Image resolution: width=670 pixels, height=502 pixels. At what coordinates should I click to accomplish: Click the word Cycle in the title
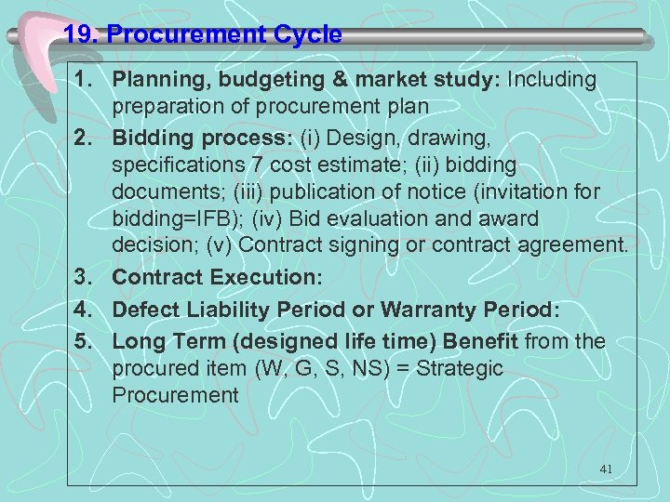click(303, 35)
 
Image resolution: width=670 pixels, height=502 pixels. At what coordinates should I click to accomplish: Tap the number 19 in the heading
click(79, 35)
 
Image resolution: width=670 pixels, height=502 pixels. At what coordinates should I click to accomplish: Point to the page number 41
click(606, 469)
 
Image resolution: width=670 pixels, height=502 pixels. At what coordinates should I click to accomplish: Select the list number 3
click(81, 278)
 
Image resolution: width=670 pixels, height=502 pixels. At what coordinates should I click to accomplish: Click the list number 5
click(81, 342)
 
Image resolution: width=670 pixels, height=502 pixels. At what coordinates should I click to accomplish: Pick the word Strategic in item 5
click(460, 368)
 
